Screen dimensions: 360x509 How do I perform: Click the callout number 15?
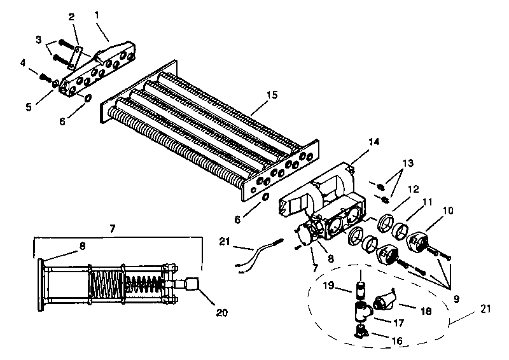tap(272, 95)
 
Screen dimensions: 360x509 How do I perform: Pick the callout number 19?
tap(328, 286)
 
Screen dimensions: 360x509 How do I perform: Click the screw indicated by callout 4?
tap(45, 77)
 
